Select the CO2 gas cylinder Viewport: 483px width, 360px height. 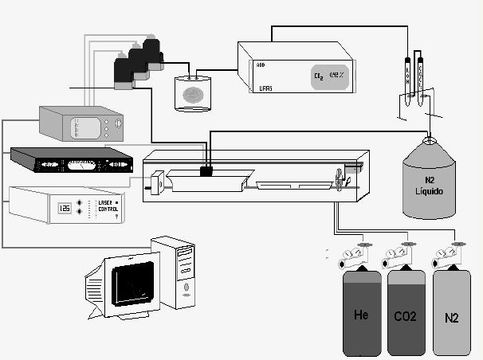click(406, 315)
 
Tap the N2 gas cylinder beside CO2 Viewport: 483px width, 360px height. click(451, 317)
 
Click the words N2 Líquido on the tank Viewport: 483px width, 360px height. click(430, 189)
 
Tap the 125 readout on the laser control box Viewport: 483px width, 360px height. click(65, 208)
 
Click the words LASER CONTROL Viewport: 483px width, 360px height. click(104, 205)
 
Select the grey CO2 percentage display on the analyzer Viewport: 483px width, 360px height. click(328, 76)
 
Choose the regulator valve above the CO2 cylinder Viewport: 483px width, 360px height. click(396, 256)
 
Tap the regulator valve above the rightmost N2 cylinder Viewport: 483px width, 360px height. click(445, 256)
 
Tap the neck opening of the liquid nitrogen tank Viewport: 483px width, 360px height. click(430, 141)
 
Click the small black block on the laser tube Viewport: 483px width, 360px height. click(206, 170)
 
